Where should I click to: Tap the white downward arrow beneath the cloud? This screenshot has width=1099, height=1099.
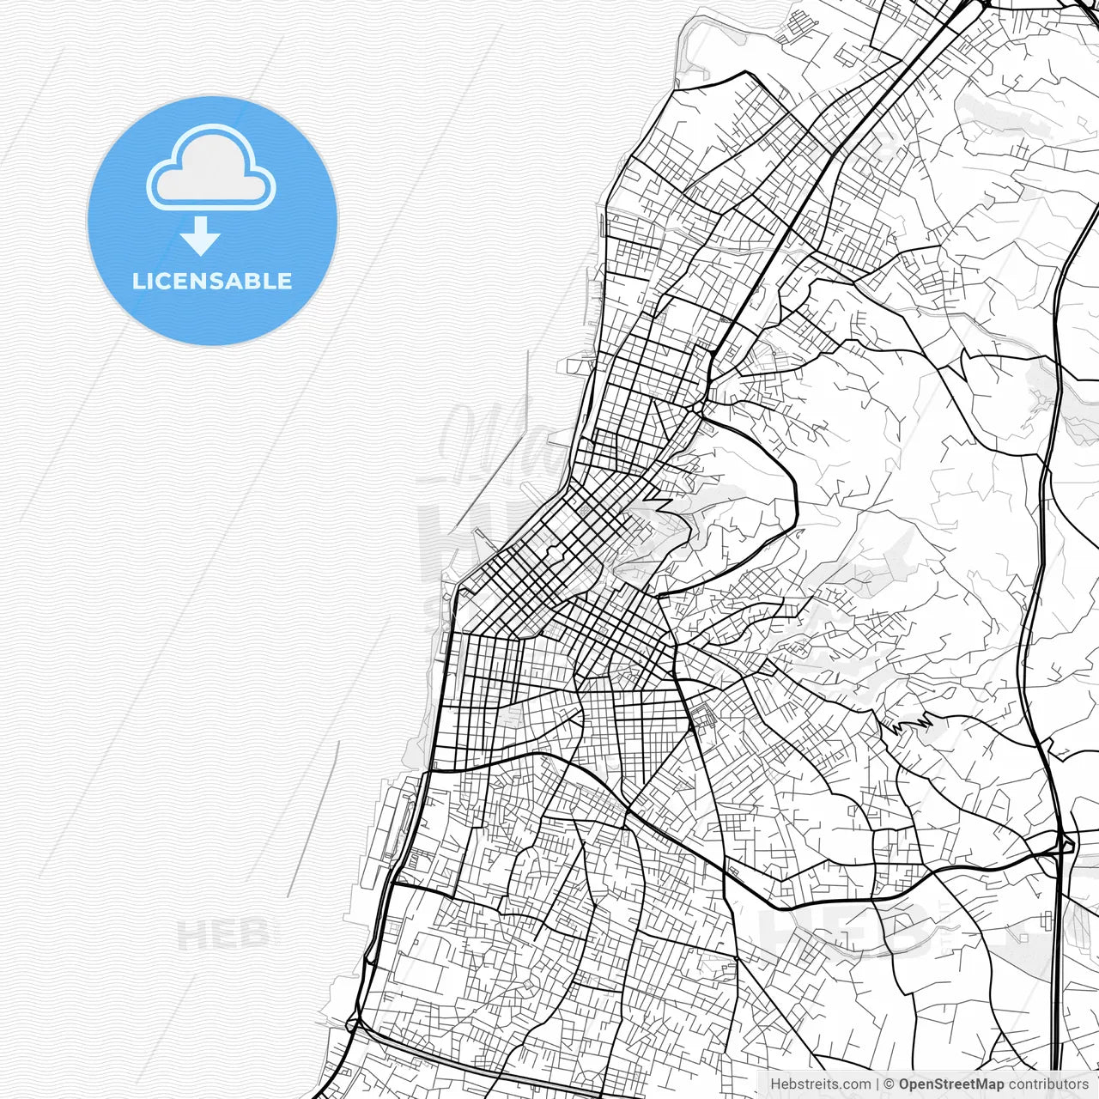(200, 236)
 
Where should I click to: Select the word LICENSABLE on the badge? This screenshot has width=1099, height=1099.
(211, 281)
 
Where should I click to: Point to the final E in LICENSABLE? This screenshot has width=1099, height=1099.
(284, 281)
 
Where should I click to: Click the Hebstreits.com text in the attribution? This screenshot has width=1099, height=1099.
(820, 1084)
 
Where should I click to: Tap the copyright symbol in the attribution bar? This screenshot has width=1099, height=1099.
(890, 1084)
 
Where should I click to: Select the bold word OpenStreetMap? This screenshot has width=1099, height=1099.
(950, 1084)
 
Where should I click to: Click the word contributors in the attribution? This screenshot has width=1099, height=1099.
(1047, 1084)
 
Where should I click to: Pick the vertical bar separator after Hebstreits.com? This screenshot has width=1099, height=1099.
(877, 1084)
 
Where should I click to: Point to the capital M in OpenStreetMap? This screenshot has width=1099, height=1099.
(982, 1084)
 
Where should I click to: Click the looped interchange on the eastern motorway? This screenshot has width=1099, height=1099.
(1065, 846)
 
